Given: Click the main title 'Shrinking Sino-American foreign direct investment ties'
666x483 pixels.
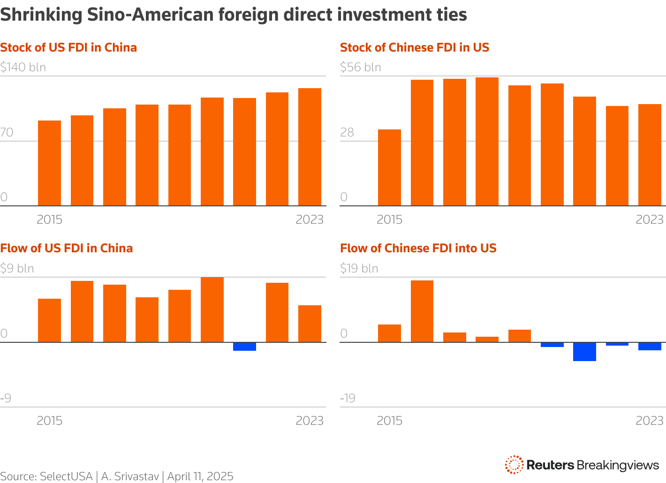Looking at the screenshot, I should [234, 15].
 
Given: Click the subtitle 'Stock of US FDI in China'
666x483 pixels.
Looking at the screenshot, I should [68, 47].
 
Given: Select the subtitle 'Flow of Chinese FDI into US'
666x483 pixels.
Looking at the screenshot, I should [418, 248].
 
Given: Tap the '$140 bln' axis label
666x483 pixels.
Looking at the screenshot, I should [23, 68].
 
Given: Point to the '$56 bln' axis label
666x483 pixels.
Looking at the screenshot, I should [360, 68].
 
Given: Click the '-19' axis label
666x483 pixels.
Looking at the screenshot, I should [348, 398].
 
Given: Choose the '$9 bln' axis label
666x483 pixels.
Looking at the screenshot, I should [17, 268].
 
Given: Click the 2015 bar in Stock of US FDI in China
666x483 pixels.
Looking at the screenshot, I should [49, 163].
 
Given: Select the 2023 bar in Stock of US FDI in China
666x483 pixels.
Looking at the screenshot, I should [310, 147].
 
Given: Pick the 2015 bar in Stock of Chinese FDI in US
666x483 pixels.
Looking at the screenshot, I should [389, 167].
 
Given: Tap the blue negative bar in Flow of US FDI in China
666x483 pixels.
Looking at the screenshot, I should [244, 347].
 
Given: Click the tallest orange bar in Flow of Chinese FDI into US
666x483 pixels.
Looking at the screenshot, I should [422, 311].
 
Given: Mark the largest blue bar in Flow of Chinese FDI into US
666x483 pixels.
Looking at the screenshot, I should [584, 352].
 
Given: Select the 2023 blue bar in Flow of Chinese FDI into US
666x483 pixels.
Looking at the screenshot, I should [650, 346].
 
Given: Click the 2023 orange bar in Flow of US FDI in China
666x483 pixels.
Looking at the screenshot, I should [310, 324].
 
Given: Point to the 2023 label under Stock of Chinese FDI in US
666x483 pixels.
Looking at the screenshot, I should [650, 219].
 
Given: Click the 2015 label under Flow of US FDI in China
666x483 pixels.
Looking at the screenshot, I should [49, 421].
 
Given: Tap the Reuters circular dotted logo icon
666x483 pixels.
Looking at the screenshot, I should [514, 465].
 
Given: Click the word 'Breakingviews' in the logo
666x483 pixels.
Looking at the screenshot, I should [618, 465].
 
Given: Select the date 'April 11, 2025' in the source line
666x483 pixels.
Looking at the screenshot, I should [200, 476].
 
